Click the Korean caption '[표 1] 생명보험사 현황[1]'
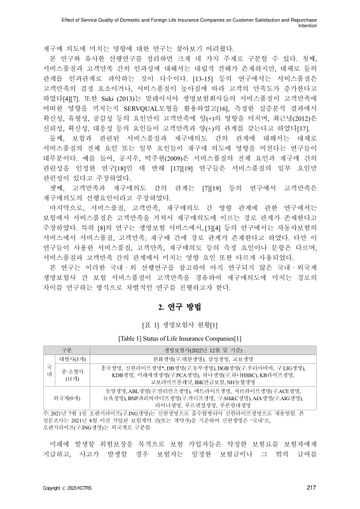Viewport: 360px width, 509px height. pyautogui.click(x=179, y=324)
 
